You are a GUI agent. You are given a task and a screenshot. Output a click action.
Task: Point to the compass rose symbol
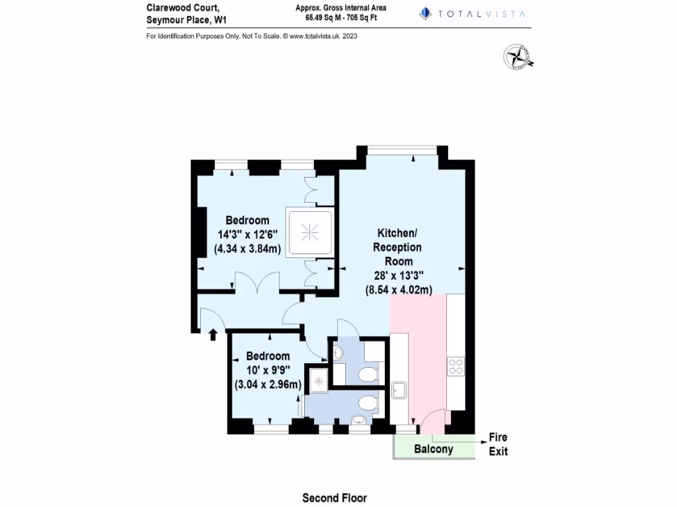tap(518, 57)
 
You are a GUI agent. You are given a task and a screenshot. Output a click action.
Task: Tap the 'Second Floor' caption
tap(335, 498)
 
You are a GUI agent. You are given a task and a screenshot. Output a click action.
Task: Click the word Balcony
tap(434, 450)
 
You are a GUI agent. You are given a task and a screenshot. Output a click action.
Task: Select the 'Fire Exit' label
tap(498, 444)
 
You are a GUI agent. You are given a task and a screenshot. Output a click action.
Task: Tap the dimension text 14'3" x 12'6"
tap(247, 234)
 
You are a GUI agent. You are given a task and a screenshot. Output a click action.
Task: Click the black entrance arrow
tap(213, 335)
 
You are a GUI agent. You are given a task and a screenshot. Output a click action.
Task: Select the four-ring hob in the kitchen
tap(456, 366)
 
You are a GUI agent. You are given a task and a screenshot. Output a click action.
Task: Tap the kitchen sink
tap(399, 391)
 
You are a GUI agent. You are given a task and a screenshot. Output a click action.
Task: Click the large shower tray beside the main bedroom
tap(309, 231)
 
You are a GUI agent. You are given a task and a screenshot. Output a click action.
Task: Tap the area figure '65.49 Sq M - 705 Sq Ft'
tap(341, 18)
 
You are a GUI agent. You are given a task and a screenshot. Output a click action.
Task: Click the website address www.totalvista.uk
tap(313, 36)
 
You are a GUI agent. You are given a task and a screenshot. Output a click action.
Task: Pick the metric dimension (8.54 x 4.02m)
tap(399, 289)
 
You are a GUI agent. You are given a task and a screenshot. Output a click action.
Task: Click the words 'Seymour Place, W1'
tap(186, 20)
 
